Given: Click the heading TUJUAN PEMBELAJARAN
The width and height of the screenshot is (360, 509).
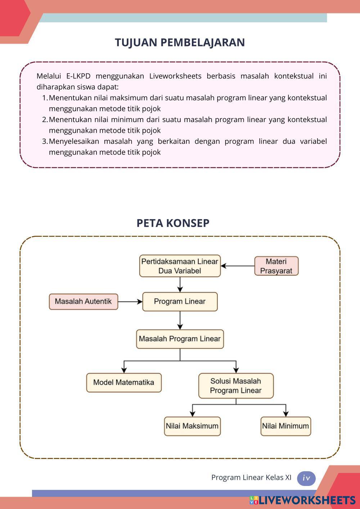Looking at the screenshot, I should tap(180, 42).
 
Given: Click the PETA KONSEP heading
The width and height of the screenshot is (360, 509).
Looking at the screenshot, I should tap(173, 223).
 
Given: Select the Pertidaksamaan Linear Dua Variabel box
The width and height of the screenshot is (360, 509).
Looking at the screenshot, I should tap(180, 266).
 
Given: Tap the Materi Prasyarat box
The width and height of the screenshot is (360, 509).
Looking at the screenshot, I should tap(276, 266).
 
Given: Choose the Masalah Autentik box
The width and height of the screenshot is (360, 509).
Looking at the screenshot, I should tap(83, 302).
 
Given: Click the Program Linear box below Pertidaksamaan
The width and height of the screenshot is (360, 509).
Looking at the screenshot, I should tap(180, 302).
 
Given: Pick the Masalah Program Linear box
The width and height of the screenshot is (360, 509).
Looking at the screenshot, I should tap(180, 339).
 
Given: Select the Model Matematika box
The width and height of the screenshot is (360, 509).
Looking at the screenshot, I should tap(123, 383).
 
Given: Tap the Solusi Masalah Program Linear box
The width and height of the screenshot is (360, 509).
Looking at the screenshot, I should tap(236, 386).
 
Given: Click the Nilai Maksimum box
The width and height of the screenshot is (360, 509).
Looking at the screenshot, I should tap(192, 426).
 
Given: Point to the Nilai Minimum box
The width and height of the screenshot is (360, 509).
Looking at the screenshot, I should tap(285, 426).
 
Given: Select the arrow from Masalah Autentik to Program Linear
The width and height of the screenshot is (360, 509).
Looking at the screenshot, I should tap(130, 302).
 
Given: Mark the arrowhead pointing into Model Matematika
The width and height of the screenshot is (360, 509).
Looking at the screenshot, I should tap(124, 370).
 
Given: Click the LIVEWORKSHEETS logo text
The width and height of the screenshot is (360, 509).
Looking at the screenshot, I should tap(307, 500).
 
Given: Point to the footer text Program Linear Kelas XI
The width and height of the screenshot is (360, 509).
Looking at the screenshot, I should tap(251, 478).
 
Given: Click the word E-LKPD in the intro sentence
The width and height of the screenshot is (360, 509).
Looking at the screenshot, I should tap(78, 76).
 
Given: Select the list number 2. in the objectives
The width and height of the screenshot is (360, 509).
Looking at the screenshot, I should tap(45, 120).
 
